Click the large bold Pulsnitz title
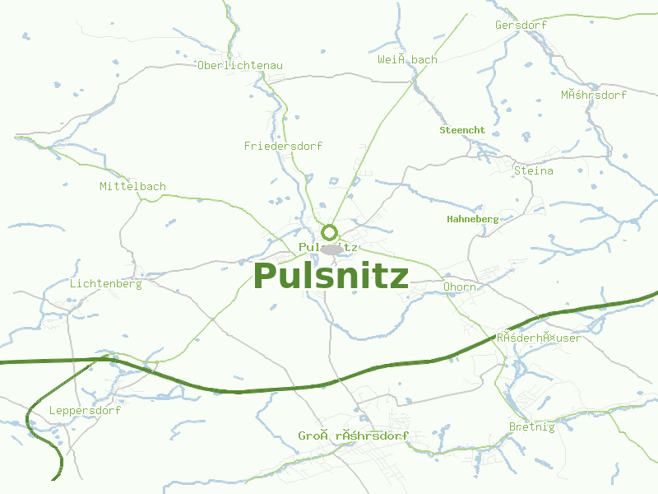pos(331,277)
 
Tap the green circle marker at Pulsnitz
pos(330,232)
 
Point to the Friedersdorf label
pos(283,147)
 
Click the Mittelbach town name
pos(132,187)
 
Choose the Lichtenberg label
pos(106,284)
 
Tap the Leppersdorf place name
pos(85,411)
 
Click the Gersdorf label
pos(521,26)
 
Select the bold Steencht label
pos(462,130)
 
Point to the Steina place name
pos(533,171)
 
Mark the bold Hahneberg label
pos(472,219)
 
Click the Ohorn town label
pos(459,287)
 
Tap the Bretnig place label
pos(531,427)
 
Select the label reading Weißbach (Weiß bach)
pos(407,60)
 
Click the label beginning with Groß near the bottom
pos(353,436)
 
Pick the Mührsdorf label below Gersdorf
pos(594,96)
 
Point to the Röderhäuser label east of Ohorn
pos(538,338)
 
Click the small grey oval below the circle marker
pos(331,249)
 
